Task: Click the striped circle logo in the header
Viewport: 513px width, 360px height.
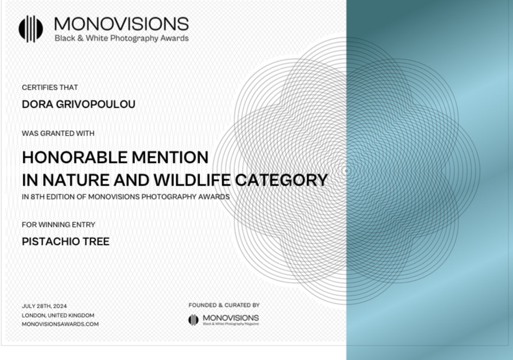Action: [x=31, y=29]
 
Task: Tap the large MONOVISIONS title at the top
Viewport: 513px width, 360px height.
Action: [x=122, y=24]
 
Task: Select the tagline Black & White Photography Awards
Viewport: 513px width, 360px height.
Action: [x=122, y=38]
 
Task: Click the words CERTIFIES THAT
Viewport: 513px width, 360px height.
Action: [x=50, y=87]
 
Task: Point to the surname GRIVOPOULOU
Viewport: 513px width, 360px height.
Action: [x=95, y=104]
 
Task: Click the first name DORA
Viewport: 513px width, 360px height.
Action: [x=37, y=104]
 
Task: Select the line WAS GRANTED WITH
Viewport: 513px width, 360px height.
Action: [x=58, y=133]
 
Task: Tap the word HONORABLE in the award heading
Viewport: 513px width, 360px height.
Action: [x=74, y=157]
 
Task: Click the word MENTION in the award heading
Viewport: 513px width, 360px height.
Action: [x=170, y=157]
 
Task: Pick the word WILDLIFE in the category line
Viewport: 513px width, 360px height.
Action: [x=192, y=180]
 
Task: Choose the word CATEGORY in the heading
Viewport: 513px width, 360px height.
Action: [x=282, y=180]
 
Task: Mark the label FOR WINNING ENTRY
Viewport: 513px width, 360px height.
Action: [x=59, y=224]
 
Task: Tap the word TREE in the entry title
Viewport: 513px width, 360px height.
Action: [x=96, y=241]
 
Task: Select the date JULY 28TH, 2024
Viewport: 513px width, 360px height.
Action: [x=44, y=306]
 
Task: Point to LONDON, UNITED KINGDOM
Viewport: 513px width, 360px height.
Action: [x=58, y=315]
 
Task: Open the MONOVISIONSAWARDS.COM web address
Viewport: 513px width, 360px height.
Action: [x=60, y=324]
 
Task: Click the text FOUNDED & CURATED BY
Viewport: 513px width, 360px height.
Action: [x=224, y=305]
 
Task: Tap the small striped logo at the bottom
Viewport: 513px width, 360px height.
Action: [x=193, y=320]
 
